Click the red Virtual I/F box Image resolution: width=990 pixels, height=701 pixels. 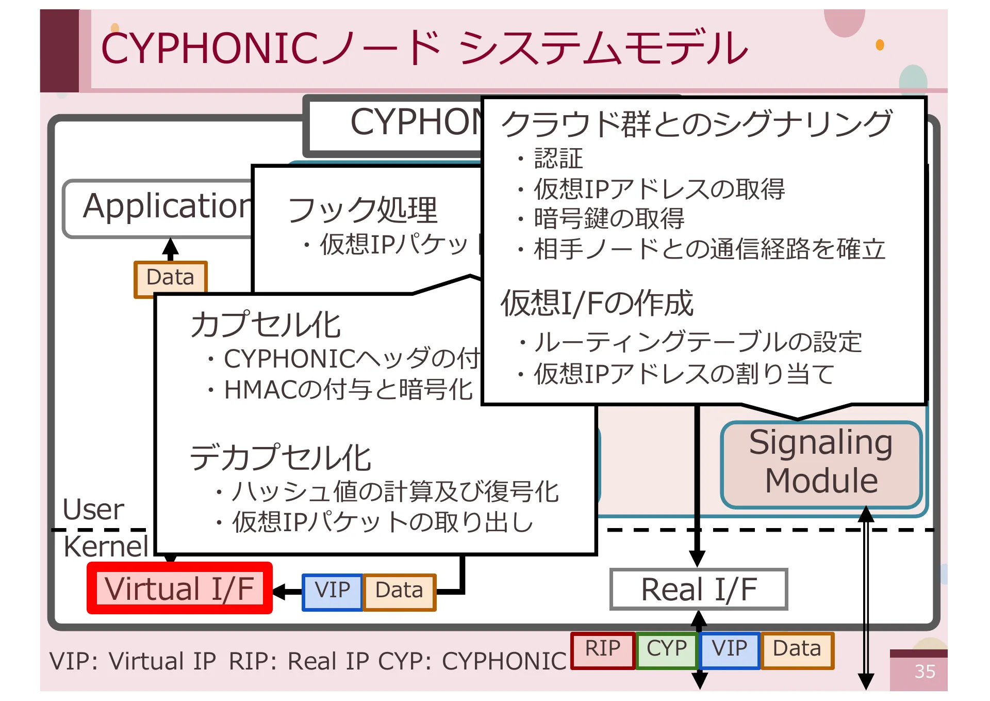179,588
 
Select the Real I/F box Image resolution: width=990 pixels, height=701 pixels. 699,590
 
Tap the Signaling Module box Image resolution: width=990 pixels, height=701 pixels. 821,463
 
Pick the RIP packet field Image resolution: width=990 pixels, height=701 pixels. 602,649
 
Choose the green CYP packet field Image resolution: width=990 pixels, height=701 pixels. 667,649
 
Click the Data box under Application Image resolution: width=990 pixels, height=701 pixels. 170,277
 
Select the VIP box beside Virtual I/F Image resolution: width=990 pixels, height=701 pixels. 333,591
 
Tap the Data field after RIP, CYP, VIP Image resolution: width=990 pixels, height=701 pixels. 797,649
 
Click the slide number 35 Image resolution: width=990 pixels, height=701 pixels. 925,672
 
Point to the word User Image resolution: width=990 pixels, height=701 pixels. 93,510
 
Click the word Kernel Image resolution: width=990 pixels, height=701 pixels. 106,547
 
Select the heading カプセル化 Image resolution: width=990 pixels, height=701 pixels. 266,325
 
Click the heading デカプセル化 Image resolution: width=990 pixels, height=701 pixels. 280,458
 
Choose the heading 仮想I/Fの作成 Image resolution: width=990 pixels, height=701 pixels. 597,304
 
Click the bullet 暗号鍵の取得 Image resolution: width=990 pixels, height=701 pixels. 608,219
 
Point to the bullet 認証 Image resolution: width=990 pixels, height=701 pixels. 558,158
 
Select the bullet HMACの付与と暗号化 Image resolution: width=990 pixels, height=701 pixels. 348,390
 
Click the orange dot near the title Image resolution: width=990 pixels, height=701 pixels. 880,45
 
